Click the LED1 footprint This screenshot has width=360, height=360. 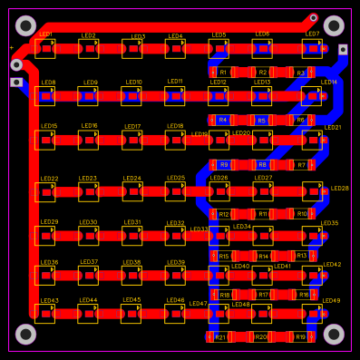pyautogui.click(x=45, y=48)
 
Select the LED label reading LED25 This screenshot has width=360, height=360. pyautogui.click(x=176, y=179)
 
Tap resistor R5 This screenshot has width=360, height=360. pyautogui.click(x=262, y=120)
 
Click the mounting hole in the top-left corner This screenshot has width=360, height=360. pyautogui.click(x=25, y=25)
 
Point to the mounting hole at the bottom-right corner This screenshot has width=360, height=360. pyautogui.click(x=334, y=335)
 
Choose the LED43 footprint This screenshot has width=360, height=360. pyautogui.click(x=45, y=314)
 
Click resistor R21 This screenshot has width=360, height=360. pyautogui.click(x=219, y=337)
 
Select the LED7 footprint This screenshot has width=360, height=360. pyautogui.click(x=312, y=48)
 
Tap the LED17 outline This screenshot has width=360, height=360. pyautogui.click(x=132, y=140)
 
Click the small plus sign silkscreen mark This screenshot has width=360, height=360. pyautogui.click(x=11, y=47)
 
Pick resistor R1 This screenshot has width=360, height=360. pyautogui.click(x=223, y=72)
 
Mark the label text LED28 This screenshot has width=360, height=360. pyautogui.click(x=340, y=189)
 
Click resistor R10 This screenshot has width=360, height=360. pyautogui.click(x=302, y=214)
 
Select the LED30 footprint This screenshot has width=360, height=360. pyautogui.click(x=89, y=236)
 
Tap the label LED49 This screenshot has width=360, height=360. pyautogui.click(x=332, y=301)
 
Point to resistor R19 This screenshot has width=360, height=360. pyautogui.click(x=300, y=337)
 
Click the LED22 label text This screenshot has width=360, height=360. pyautogui.click(x=49, y=179)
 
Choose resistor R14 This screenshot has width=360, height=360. pyautogui.click(x=263, y=257)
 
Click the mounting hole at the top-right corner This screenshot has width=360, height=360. pyautogui.click(x=334, y=25)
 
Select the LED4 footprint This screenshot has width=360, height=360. pyautogui.click(x=175, y=48)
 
